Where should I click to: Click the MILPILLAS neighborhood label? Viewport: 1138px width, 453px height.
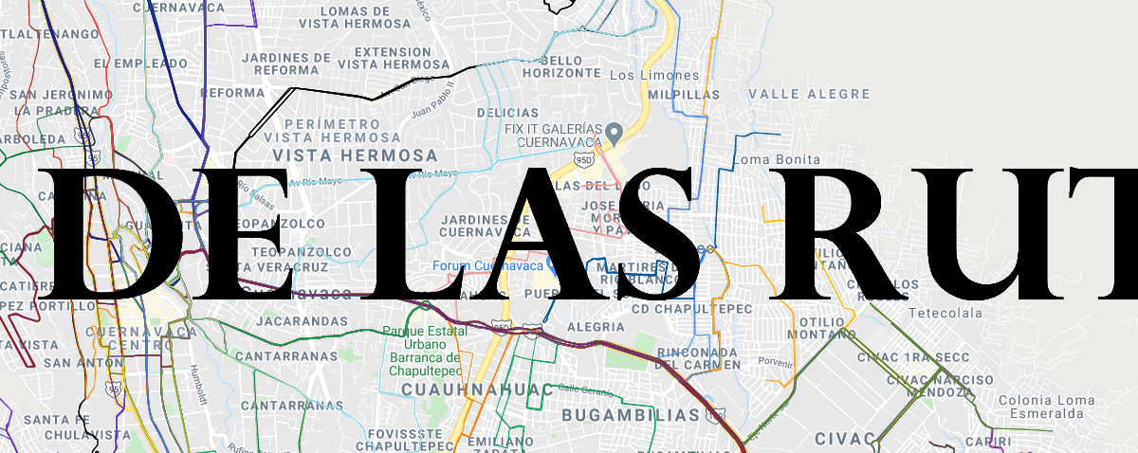[684, 95]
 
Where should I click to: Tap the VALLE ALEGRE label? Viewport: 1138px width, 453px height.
[809, 94]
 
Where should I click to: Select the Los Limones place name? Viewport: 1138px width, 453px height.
[654, 75]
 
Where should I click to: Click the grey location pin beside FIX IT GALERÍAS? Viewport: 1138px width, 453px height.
[614, 131]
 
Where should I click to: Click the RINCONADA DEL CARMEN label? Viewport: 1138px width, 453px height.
[697, 359]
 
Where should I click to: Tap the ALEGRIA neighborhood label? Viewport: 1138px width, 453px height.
[595, 327]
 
